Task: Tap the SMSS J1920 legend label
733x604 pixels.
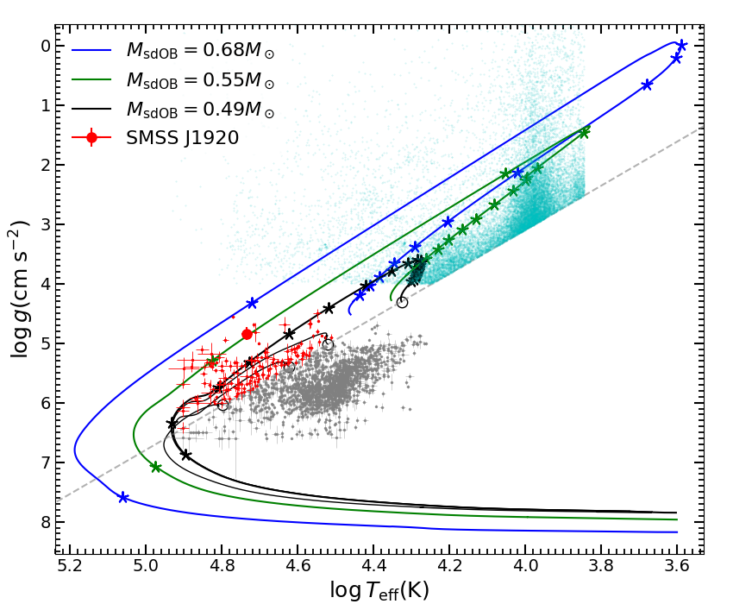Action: [182, 138]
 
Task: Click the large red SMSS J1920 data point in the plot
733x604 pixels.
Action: [247, 334]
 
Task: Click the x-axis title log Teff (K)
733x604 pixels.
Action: [379, 589]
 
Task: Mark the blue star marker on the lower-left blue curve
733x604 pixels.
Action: [123, 498]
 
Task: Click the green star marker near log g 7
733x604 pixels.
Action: [156, 467]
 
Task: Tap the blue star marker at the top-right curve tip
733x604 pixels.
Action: [681, 46]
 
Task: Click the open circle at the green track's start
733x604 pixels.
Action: [402, 302]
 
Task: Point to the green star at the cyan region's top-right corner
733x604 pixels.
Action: [584, 133]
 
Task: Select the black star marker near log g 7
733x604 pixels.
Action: [185, 455]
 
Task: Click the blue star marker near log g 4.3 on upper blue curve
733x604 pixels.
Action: [252, 303]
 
